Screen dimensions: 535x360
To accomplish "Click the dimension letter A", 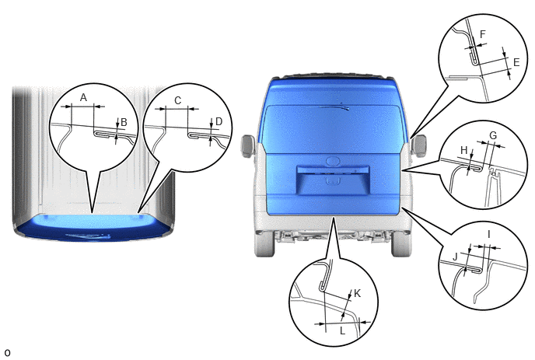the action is click(84, 98).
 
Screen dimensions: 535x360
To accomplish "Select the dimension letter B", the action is click(124, 122).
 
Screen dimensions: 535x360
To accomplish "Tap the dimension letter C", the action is click(178, 100).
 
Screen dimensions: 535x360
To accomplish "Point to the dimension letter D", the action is click(219, 121).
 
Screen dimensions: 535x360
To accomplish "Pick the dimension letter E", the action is click(516, 62).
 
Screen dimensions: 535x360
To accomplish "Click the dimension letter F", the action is click(482, 34).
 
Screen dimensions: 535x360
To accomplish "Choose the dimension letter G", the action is click(493, 135).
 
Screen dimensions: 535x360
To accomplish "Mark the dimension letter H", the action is click(464, 150).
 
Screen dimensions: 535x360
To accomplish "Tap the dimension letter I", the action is click(489, 234).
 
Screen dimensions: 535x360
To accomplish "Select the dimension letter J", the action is click(455, 257).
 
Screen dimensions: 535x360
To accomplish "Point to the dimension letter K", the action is click(357, 293).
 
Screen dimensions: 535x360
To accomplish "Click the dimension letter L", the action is click(343, 330).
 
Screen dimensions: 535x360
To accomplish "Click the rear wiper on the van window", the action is click(334, 107).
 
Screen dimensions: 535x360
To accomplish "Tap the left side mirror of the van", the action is click(248, 146).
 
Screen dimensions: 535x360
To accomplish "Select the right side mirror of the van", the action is click(419, 145).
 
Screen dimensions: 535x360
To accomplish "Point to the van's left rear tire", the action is click(264, 243).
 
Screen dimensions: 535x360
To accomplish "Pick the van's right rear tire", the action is click(401, 243).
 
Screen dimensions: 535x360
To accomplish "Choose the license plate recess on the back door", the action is click(333, 180).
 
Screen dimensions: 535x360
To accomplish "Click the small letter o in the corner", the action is click(7, 352).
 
